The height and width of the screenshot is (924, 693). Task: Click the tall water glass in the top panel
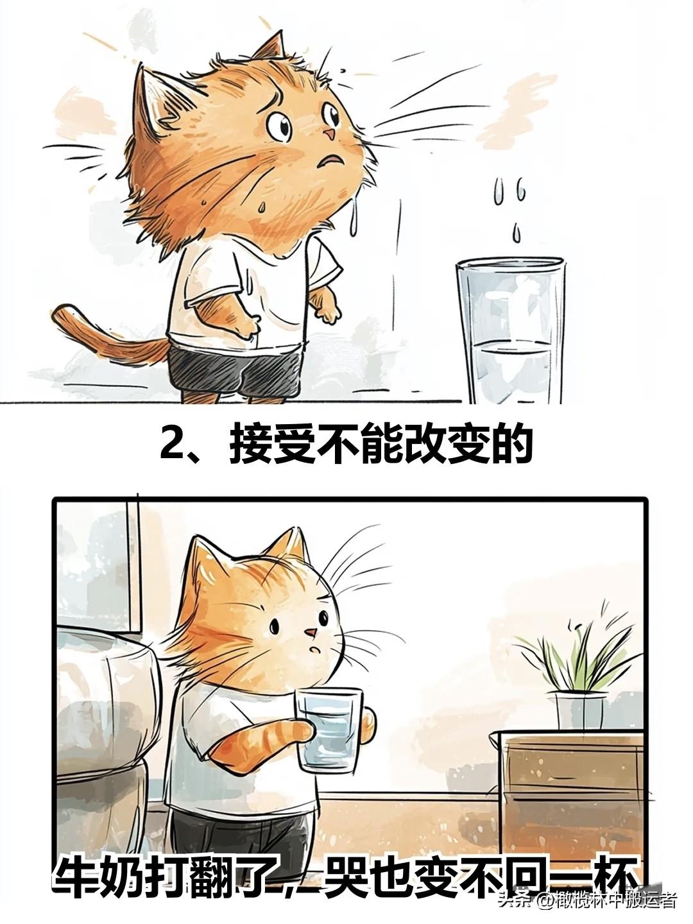(x=511, y=331)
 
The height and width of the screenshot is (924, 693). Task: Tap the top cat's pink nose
(x=329, y=134)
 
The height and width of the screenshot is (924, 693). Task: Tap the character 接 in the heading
(x=251, y=443)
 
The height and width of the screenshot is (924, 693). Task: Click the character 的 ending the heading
(x=510, y=443)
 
